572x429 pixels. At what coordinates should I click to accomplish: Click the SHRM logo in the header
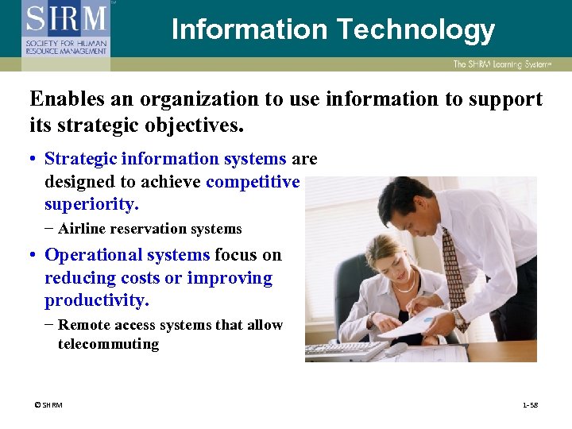tap(66, 26)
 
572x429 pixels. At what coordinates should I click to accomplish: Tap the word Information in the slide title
tap(249, 29)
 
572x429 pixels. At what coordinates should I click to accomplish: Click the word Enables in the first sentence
tap(64, 99)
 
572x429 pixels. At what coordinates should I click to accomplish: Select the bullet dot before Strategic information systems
tap(34, 160)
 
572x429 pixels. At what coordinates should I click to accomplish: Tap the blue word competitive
tap(253, 182)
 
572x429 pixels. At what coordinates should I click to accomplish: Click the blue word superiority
tap(91, 204)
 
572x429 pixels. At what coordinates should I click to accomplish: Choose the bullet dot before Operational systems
tap(34, 256)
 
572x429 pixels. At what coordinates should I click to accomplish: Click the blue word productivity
tap(97, 300)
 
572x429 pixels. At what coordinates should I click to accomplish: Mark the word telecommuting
tap(108, 344)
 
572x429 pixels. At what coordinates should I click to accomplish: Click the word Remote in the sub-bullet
tap(83, 325)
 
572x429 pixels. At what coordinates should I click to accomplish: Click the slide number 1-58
tap(530, 405)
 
